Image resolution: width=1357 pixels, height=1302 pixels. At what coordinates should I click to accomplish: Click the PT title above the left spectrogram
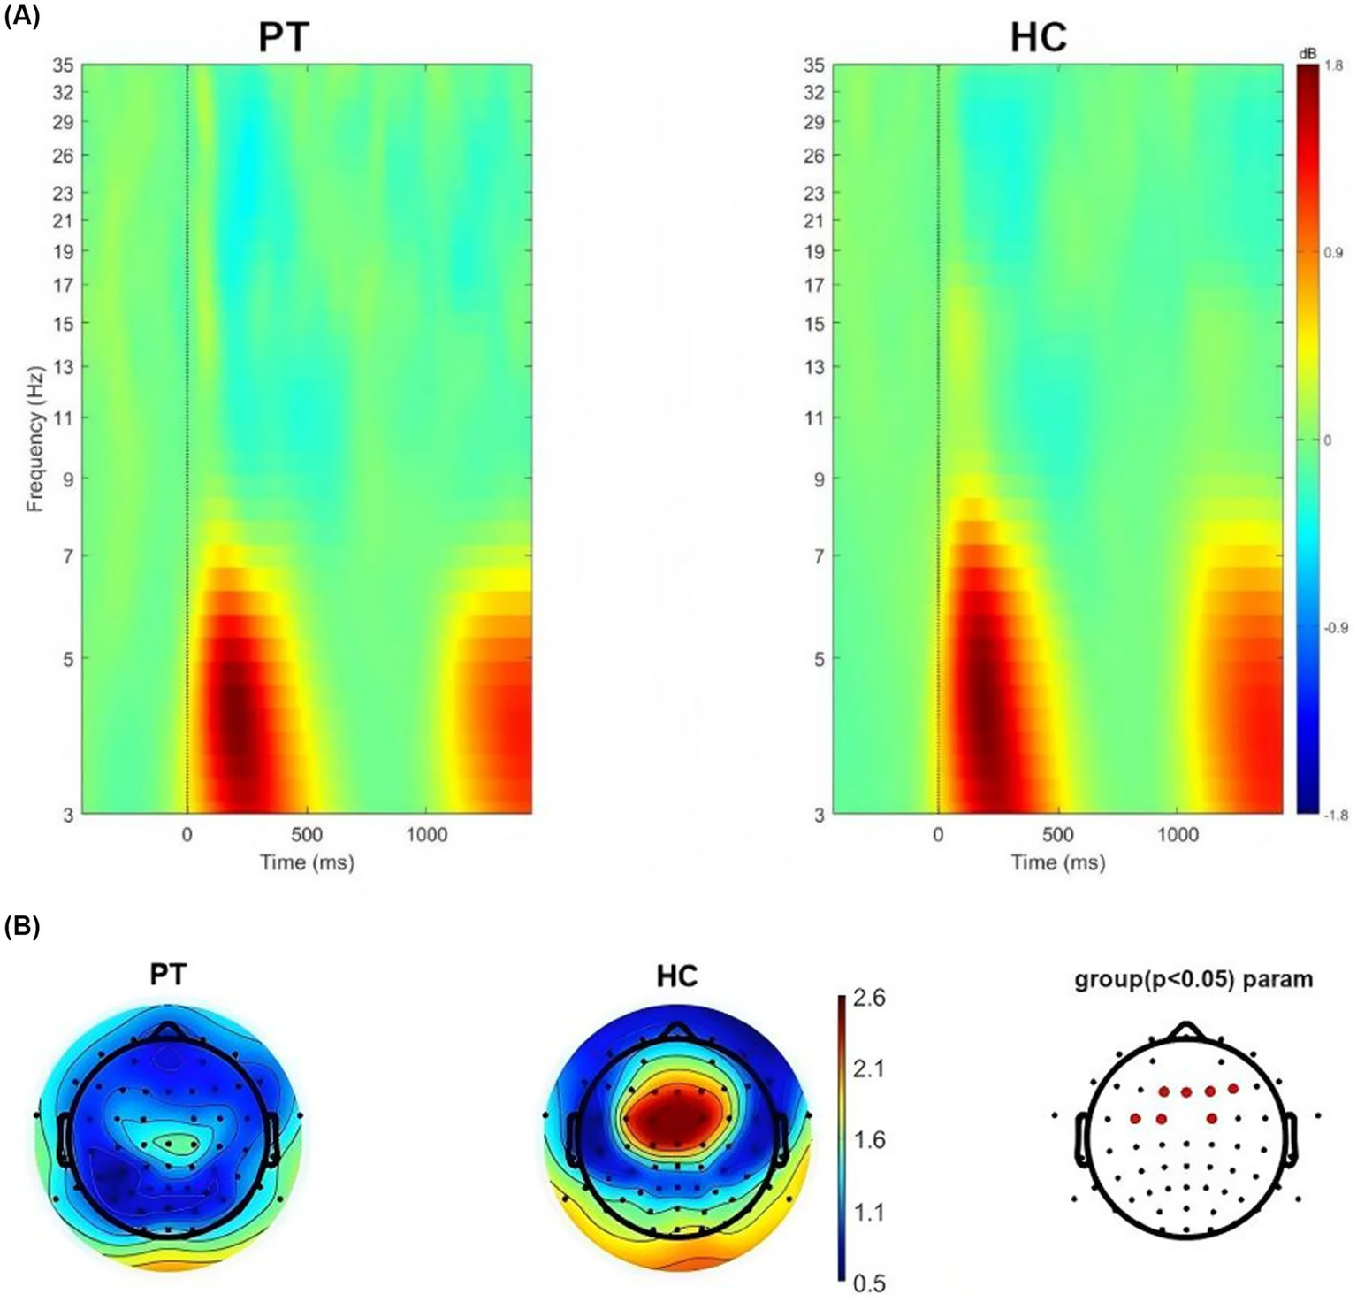click(284, 37)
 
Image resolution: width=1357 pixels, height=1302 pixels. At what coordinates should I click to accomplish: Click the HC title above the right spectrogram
click(1039, 37)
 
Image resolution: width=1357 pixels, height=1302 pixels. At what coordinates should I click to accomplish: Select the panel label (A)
click(22, 17)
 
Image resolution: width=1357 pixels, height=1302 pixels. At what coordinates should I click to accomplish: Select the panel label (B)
click(22, 927)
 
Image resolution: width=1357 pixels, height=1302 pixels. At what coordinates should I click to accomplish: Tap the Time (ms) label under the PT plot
click(307, 862)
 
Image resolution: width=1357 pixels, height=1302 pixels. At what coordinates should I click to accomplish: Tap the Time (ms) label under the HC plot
click(1058, 862)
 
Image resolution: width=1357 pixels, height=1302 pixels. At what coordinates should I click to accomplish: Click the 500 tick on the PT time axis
click(307, 835)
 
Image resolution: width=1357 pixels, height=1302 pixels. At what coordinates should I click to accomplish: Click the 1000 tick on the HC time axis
click(1178, 835)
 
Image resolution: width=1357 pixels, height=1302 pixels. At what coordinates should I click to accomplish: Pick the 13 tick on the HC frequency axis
click(814, 366)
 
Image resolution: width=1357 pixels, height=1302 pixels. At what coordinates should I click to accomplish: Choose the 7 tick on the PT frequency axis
click(68, 556)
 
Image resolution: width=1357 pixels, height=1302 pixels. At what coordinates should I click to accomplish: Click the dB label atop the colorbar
click(1307, 54)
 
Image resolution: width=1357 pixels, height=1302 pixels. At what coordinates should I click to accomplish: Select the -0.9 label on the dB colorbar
click(1335, 628)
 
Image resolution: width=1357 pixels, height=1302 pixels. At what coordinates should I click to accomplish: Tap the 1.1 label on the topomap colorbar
click(869, 1212)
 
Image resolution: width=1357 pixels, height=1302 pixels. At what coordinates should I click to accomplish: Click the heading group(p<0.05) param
click(1193, 979)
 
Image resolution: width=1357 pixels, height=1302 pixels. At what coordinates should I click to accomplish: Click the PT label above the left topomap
click(168, 975)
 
